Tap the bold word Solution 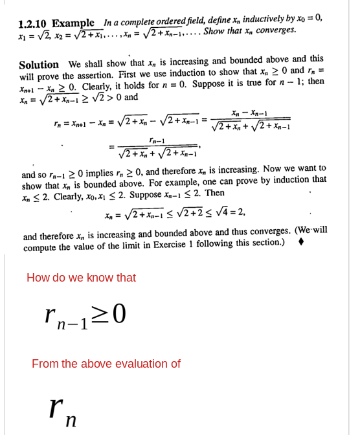39,65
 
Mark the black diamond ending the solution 300,242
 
